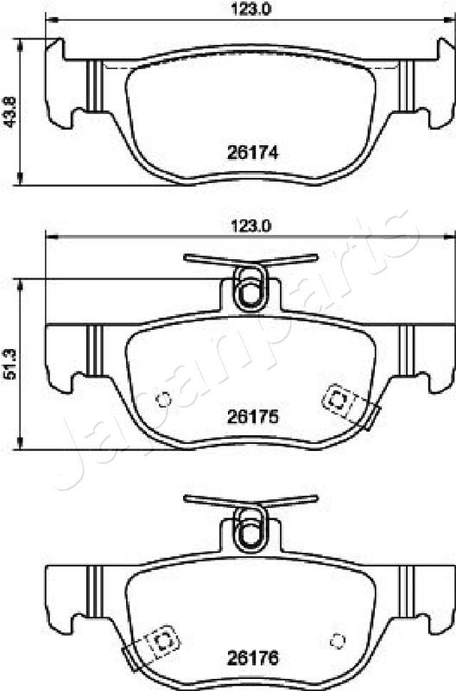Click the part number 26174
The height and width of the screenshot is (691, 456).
click(x=253, y=153)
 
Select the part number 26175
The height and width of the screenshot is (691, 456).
click(x=253, y=416)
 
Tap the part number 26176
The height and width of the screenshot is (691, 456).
click(x=253, y=658)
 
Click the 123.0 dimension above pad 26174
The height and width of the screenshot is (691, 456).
click(x=251, y=10)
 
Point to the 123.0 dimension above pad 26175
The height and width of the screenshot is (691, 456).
click(x=251, y=226)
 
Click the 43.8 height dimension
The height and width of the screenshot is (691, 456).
click(x=9, y=112)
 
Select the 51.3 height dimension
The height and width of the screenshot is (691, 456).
click(x=9, y=364)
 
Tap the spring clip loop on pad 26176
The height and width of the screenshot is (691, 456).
click(x=250, y=529)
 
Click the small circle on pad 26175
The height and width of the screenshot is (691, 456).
click(x=164, y=399)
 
